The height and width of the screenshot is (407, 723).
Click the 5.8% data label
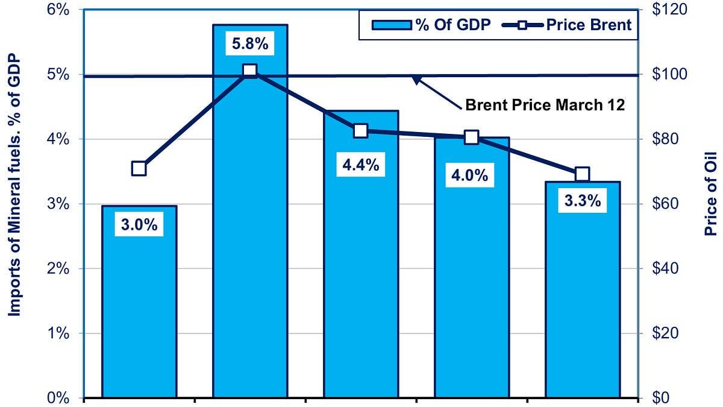point(250,45)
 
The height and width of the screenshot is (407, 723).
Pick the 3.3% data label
point(582,201)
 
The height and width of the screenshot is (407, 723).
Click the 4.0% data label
point(471,176)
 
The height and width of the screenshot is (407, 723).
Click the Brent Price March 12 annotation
point(545,105)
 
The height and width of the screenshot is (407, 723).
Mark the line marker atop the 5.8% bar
point(250,71)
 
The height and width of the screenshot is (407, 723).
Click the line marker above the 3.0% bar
point(139,168)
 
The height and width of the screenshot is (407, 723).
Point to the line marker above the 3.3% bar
point(582,174)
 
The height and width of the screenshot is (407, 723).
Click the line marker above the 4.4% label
point(360,131)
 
